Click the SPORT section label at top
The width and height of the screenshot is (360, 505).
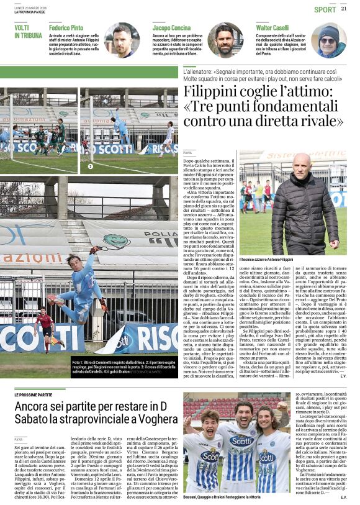[x=325, y=9]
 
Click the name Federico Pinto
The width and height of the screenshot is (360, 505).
[x=66, y=29]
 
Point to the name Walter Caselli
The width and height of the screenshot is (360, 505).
[x=272, y=29]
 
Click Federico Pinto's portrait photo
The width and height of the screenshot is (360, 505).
[x=122, y=40]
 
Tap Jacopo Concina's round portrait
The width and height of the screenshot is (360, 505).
[x=225, y=40]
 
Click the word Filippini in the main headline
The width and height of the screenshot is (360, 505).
[x=219, y=94]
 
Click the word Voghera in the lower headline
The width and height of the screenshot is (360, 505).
[x=152, y=420]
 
